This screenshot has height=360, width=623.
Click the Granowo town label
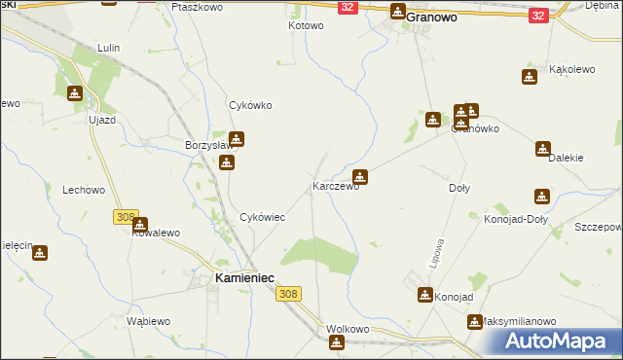[x=432, y=17]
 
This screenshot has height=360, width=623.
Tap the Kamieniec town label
[x=236, y=279]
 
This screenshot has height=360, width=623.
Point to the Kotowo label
[x=306, y=25]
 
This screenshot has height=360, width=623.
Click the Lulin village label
[x=108, y=47]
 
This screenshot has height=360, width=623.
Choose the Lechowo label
[x=83, y=191]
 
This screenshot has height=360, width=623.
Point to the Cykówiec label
[x=262, y=218]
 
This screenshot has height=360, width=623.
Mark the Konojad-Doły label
[x=516, y=219]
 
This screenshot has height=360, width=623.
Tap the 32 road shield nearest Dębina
[x=537, y=16]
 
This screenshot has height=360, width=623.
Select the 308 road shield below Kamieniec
[x=287, y=294]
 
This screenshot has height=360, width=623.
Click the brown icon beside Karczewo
[x=360, y=176]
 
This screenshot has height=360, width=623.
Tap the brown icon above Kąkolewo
[x=530, y=77]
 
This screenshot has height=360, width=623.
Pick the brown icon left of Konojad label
[x=425, y=295]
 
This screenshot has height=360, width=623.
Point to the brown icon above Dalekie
[x=542, y=149]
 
